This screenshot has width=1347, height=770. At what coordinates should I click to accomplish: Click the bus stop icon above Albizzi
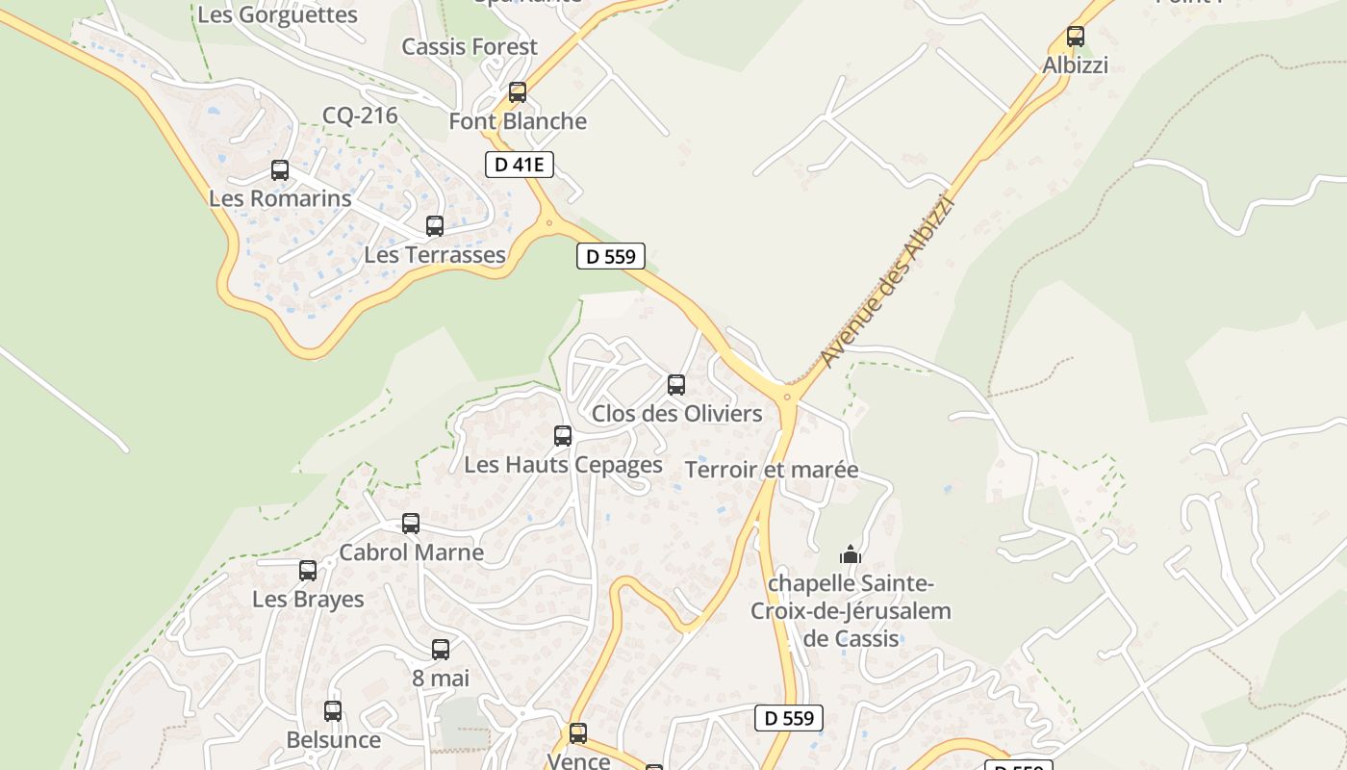point(1076,37)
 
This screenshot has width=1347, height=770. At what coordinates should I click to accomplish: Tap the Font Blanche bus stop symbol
point(518,92)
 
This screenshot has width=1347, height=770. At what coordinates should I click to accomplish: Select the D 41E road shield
point(520,165)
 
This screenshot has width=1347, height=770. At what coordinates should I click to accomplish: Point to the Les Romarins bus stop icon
point(280,170)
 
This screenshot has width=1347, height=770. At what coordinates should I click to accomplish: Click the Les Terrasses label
point(435,255)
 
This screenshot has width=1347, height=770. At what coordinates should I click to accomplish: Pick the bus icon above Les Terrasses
point(435,226)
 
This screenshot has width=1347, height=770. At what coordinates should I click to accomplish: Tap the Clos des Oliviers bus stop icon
point(676,385)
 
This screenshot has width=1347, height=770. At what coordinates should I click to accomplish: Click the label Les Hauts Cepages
point(563,465)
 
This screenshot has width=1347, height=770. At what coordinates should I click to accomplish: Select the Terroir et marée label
point(772,470)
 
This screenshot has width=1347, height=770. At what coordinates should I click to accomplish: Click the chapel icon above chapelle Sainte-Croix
point(851,554)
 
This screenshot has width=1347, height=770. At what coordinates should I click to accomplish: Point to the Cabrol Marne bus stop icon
point(411,524)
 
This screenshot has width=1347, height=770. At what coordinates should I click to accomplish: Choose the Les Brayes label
point(308,600)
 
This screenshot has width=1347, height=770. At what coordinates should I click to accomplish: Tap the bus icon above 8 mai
point(441,650)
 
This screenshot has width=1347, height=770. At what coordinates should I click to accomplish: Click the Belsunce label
point(334,740)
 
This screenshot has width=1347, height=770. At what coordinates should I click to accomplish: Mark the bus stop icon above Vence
point(578,733)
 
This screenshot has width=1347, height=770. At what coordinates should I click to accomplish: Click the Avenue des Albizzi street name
point(886,281)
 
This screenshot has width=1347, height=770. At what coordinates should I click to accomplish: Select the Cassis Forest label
point(470,46)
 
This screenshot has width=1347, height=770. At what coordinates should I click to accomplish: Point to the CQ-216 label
point(360,116)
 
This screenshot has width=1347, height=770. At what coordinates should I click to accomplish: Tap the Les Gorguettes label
point(277,15)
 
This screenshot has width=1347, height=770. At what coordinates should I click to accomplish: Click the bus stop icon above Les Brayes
point(308,571)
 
